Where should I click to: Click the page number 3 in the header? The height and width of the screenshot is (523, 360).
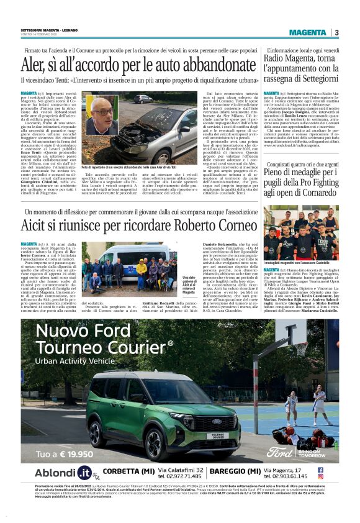336,32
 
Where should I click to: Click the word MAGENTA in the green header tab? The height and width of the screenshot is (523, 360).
307,32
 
